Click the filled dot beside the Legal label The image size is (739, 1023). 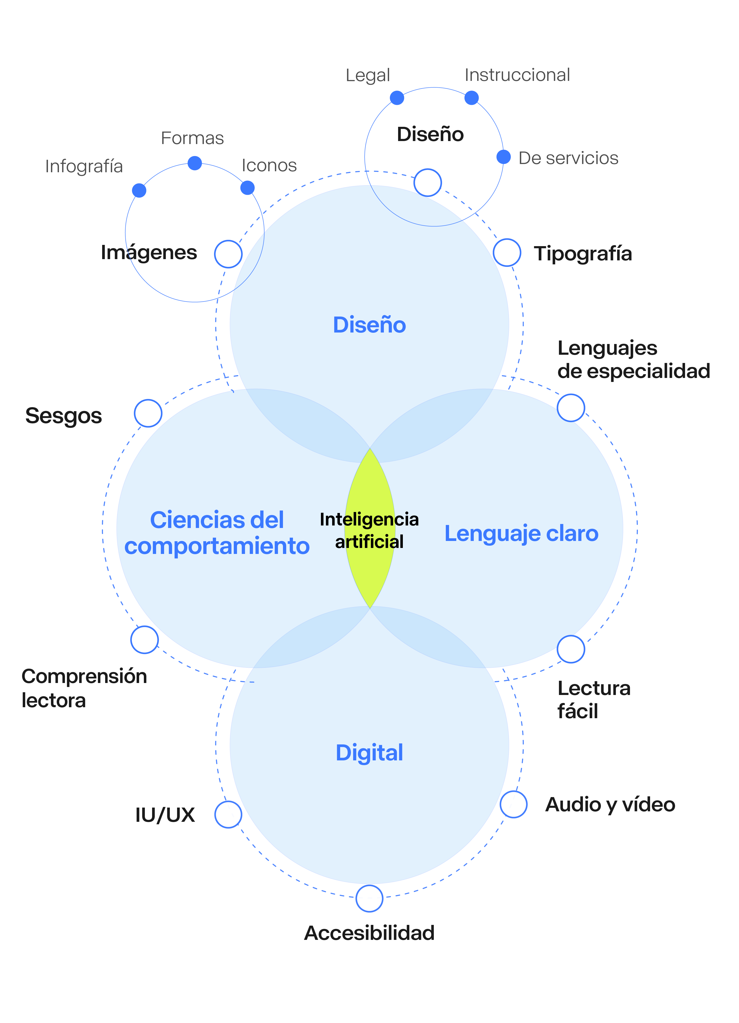[x=397, y=97]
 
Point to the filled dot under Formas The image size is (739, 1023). [x=195, y=163]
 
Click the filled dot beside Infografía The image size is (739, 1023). [x=139, y=190]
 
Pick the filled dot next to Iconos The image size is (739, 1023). [x=247, y=188]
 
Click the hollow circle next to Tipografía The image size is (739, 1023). [x=507, y=253]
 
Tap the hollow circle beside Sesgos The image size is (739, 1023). [x=148, y=413]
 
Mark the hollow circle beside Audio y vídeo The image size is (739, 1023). [x=513, y=804]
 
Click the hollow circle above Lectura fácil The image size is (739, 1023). [x=571, y=649]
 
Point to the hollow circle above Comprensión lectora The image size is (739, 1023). [x=144, y=640]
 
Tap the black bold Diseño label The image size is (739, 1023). [x=430, y=134]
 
